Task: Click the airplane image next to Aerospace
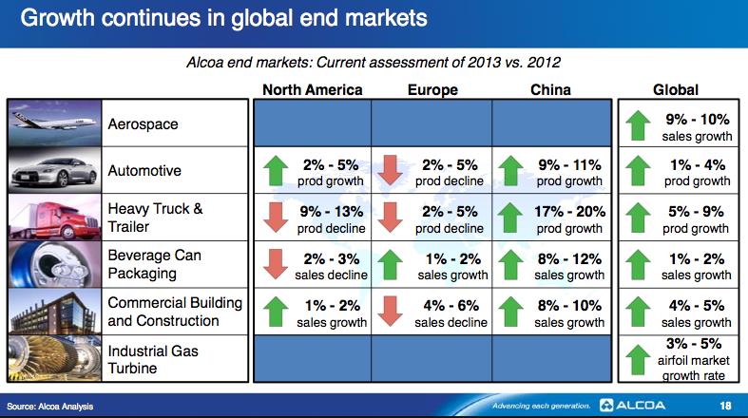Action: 54,123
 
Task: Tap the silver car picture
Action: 54,170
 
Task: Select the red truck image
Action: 54,217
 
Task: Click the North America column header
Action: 312,90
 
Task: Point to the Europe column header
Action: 432,90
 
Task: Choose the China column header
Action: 551,90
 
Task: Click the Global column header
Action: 676,90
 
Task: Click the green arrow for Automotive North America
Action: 275,171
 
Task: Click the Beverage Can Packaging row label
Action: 155,264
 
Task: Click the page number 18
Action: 726,406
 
